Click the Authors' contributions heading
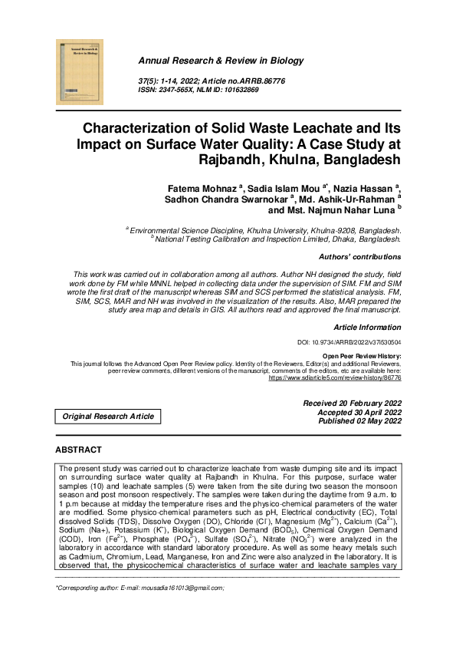359,256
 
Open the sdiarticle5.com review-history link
334,379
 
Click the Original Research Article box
108,417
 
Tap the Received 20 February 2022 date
352,403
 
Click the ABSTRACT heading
78,450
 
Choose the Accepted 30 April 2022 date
356,412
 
